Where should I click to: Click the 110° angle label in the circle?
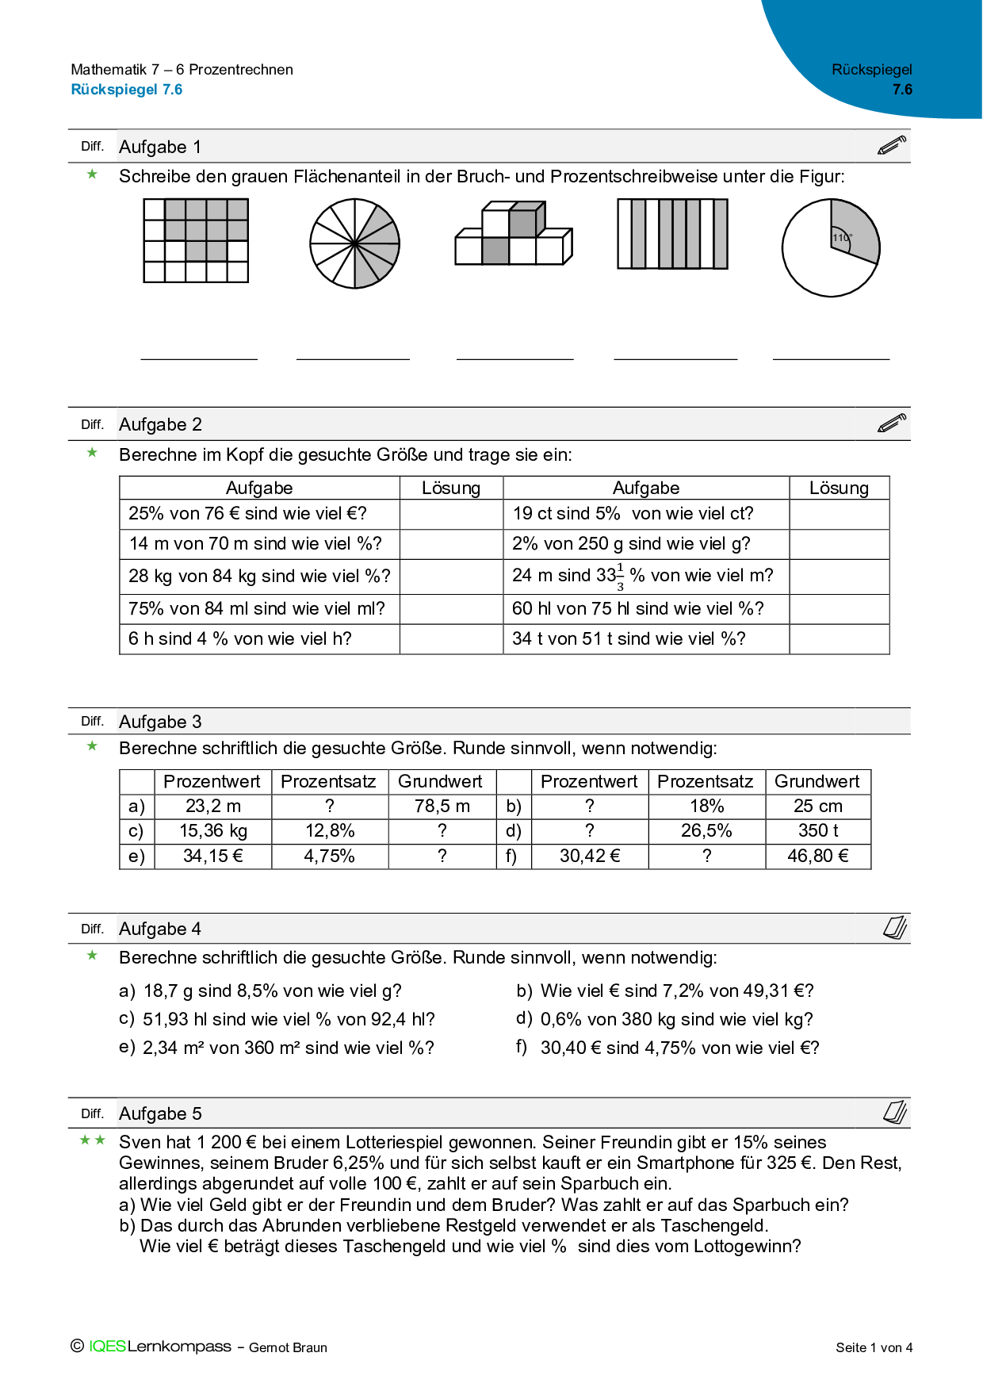(x=841, y=237)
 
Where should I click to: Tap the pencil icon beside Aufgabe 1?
(x=892, y=146)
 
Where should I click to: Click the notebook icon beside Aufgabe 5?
(x=895, y=1112)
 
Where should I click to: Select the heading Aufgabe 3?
(x=160, y=722)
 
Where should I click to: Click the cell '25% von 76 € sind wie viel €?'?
(x=248, y=514)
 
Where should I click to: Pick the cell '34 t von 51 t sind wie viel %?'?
(x=629, y=639)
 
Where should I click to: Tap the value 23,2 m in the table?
(x=212, y=807)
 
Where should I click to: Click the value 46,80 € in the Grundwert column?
(x=817, y=856)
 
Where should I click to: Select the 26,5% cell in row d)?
(x=706, y=831)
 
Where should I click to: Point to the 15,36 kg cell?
(x=212, y=831)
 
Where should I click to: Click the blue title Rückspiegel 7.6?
(x=127, y=90)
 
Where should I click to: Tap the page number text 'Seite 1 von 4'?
(x=874, y=1347)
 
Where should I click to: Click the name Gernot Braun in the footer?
(x=288, y=1347)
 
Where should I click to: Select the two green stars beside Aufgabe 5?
(x=93, y=1140)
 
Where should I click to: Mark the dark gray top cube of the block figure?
(x=522, y=223)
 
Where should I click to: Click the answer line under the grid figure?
(x=199, y=358)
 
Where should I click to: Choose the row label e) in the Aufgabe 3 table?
(x=136, y=856)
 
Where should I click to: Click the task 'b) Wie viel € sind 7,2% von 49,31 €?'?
(x=665, y=991)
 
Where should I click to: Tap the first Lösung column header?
(x=451, y=489)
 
